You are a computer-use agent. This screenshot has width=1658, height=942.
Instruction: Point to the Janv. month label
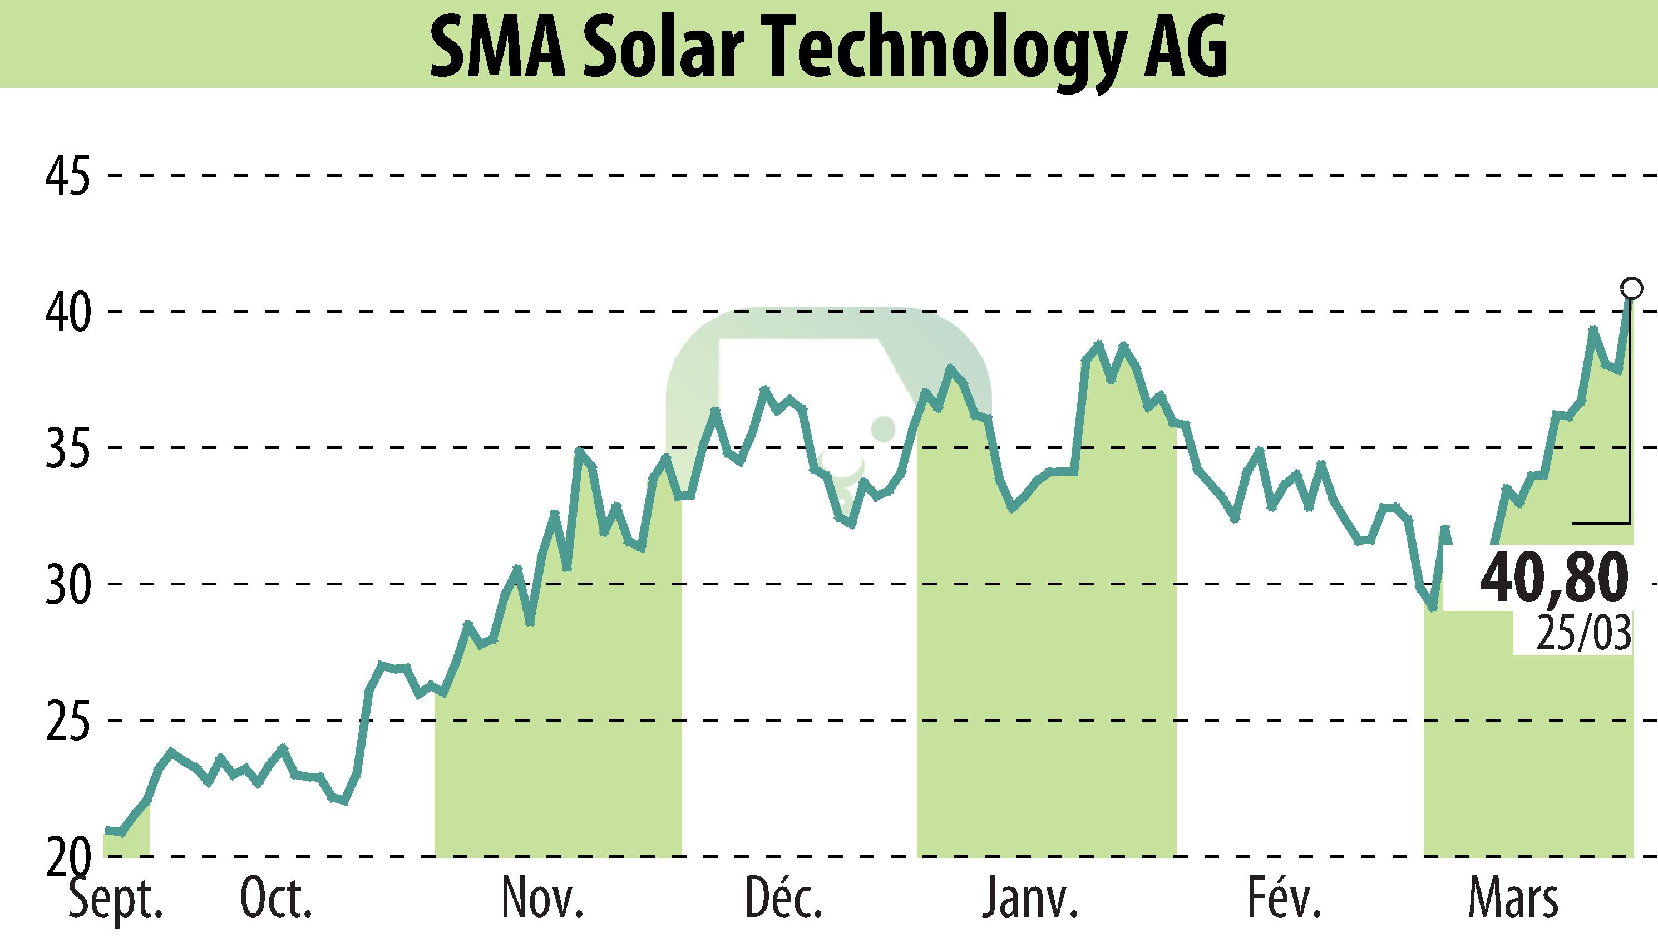1030,899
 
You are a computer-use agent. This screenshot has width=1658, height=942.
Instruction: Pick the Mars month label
1513,899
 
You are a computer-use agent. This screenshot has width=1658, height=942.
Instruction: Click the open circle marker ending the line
1631,287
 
